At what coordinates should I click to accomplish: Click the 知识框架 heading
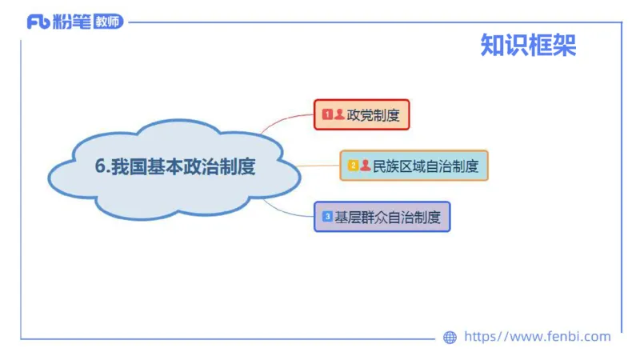528,45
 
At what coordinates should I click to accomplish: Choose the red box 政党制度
362,114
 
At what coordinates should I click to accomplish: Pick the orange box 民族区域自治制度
414,166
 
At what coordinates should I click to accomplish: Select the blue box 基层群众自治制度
382,216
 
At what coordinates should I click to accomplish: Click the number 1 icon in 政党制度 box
327,114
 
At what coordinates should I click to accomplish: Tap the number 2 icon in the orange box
353,166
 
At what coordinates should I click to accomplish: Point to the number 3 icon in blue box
327,216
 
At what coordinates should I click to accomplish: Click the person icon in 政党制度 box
339,114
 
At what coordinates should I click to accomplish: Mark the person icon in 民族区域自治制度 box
366,166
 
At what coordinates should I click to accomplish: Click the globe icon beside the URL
450,338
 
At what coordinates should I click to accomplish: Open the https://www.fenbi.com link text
538,337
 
